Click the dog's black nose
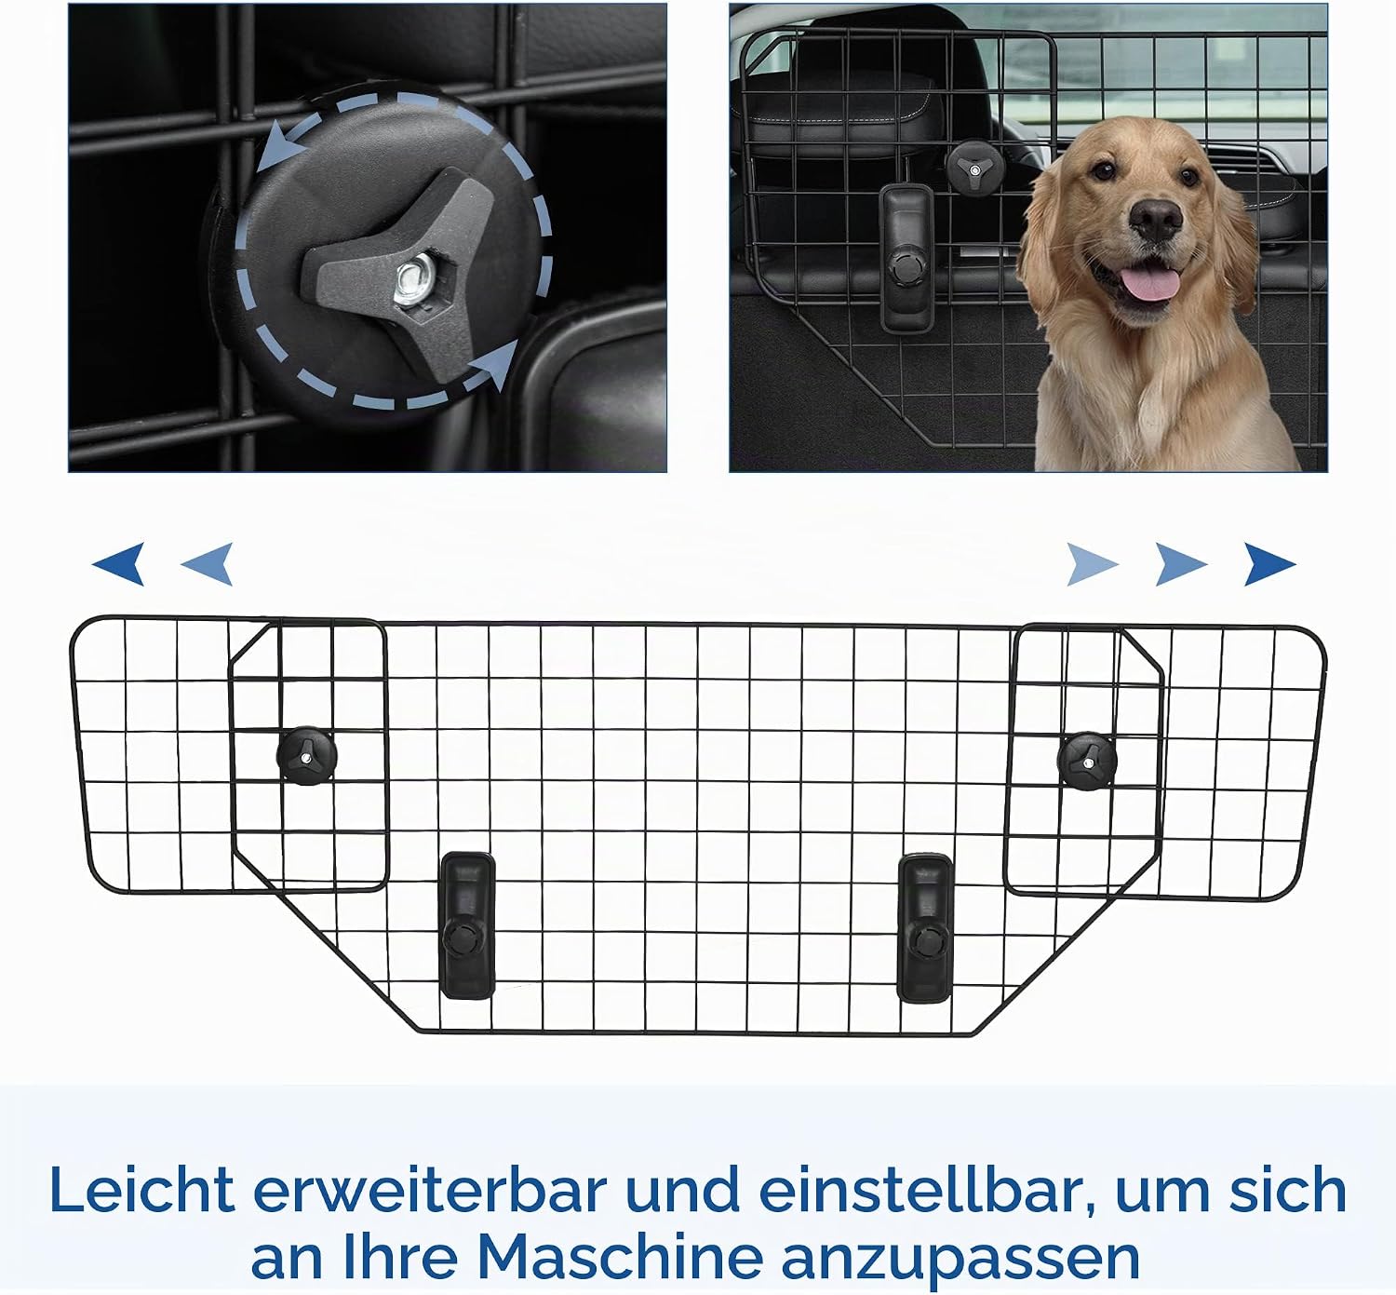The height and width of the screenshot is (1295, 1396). tap(1155, 220)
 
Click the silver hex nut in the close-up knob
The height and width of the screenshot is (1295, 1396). tap(409, 283)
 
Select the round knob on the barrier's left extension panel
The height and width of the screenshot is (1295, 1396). tap(307, 755)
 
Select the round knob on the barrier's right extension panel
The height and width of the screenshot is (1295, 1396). tap(1087, 762)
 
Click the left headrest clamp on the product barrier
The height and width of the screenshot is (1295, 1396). tap(467, 925)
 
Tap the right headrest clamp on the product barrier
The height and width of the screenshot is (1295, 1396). tap(926, 928)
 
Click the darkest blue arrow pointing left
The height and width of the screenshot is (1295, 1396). tap(119, 563)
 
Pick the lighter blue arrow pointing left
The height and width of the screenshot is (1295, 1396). tap(208, 563)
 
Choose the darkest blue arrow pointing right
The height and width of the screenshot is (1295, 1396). tap(1269, 563)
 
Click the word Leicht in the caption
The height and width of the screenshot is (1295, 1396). tap(142, 1190)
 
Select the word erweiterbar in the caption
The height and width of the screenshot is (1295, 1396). tap(430, 1190)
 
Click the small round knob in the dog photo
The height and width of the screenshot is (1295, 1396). tap(974, 169)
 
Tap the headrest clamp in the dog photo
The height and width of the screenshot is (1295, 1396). tap(906, 258)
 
